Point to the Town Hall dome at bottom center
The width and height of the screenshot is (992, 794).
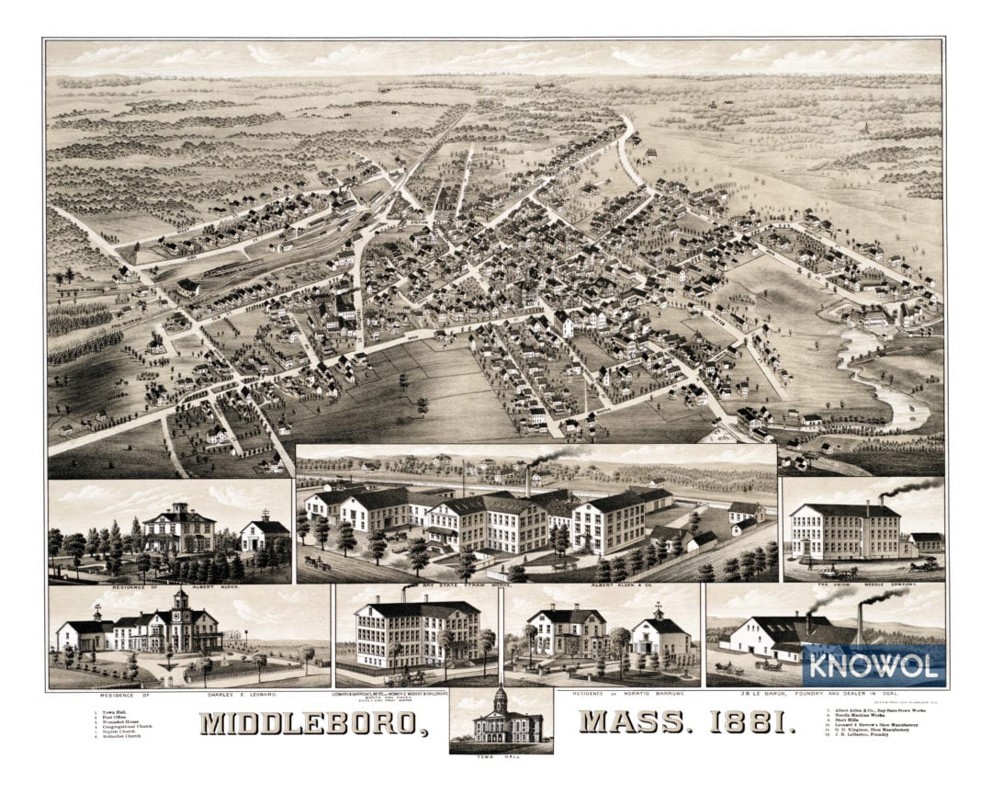click(x=501, y=700)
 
